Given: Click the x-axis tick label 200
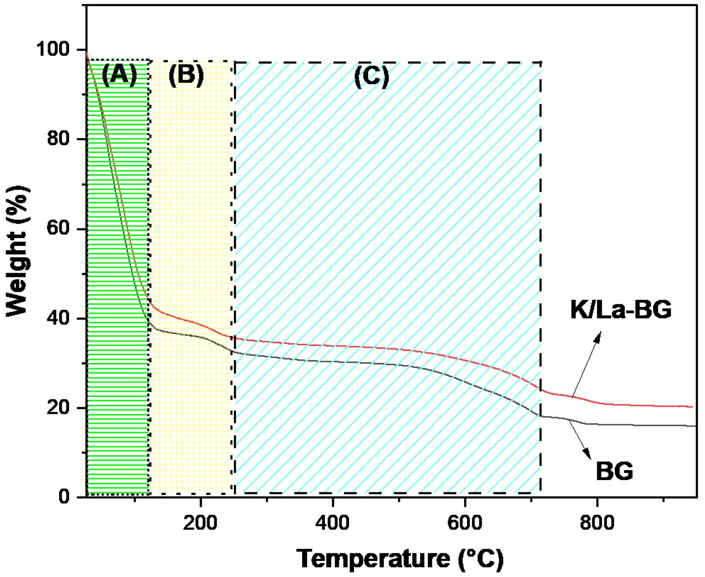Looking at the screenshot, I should (x=201, y=522).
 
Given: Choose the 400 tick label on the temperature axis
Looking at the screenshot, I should (x=333, y=522).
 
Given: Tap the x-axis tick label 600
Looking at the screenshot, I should (x=465, y=522).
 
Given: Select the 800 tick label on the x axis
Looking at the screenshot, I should (x=597, y=522).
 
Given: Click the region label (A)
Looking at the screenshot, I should (x=119, y=74).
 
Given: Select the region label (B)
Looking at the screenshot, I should (x=186, y=74).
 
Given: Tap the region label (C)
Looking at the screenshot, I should (x=372, y=76).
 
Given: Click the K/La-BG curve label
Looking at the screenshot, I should (x=620, y=310).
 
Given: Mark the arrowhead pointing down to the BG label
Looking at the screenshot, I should (x=587, y=455).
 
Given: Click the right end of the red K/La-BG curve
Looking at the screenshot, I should (x=692, y=407).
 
